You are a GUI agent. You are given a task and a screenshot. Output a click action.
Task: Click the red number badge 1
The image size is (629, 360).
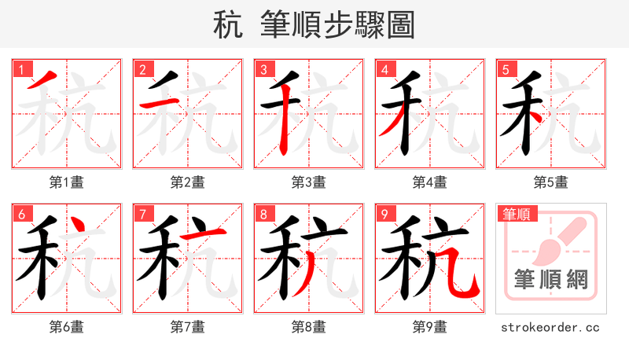pyautogui.click(x=21, y=68)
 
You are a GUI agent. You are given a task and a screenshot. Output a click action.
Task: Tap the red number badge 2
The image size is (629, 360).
pyautogui.click(x=142, y=68)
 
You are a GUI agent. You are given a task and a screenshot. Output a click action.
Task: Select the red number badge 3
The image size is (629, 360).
pyautogui.click(x=263, y=68)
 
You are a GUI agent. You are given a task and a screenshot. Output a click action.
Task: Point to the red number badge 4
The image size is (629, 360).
pyautogui.click(x=384, y=68)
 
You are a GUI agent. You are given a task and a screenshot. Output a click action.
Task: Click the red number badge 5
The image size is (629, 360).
pyautogui.click(x=506, y=68)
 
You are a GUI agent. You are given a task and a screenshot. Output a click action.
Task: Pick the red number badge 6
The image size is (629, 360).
pyautogui.click(x=21, y=213)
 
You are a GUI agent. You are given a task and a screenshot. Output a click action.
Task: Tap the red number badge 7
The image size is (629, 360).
pyautogui.click(x=142, y=213)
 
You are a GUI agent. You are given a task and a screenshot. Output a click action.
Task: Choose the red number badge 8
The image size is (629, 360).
pyautogui.click(x=263, y=213)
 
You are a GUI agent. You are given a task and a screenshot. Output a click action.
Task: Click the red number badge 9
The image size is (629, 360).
pyautogui.click(x=384, y=213)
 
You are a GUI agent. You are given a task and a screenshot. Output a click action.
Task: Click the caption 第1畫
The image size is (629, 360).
pyautogui.click(x=67, y=182)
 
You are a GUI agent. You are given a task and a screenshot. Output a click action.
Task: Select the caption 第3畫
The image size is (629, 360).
pyautogui.click(x=309, y=182)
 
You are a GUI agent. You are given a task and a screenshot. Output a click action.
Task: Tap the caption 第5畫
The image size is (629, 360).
pyautogui.click(x=551, y=182)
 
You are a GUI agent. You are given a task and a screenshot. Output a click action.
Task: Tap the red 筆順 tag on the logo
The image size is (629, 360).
pyautogui.click(x=517, y=213)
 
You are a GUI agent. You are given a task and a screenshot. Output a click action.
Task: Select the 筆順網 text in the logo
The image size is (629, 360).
pyautogui.click(x=551, y=279)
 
